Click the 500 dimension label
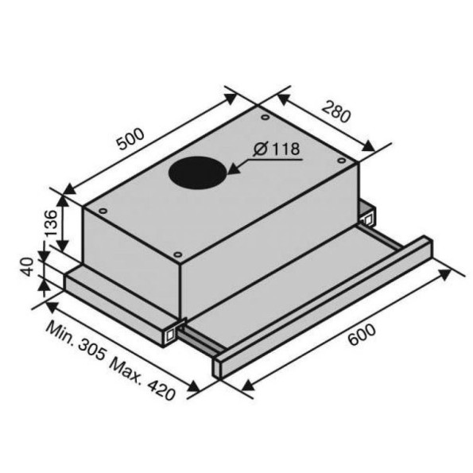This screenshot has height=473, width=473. (x=131, y=139)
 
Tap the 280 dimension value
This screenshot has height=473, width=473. (x=335, y=111)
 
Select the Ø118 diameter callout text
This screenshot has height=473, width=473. (x=277, y=149)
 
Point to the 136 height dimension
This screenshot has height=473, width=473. (x=50, y=223)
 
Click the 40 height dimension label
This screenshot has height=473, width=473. (x=29, y=266)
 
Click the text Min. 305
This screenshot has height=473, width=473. (x=76, y=341)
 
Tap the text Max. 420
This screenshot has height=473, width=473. (x=142, y=379)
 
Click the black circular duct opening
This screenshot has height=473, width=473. (x=198, y=173)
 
